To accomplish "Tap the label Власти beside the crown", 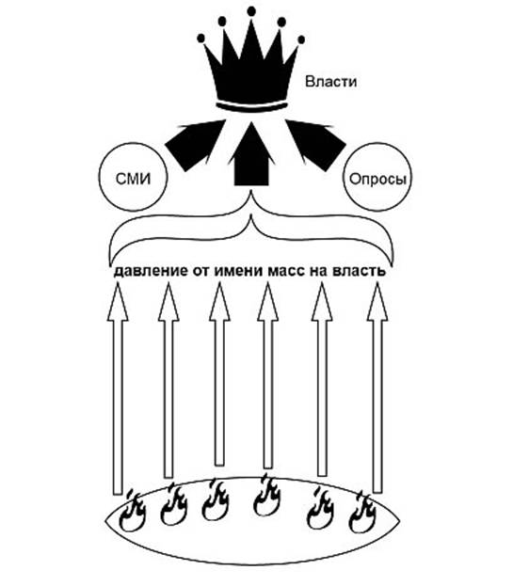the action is point(330,82).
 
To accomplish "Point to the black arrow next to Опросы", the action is point(316,144).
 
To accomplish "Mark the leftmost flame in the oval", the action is point(132,512).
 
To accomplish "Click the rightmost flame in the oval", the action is point(362,512).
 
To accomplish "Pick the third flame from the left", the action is point(216,500).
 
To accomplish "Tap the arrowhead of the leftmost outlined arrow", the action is point(118,303).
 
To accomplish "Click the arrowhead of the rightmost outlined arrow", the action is point(377,303).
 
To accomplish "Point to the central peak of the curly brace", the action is point(251,191).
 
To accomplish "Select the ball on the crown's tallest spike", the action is point(251,11).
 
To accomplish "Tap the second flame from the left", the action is point(173,504).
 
